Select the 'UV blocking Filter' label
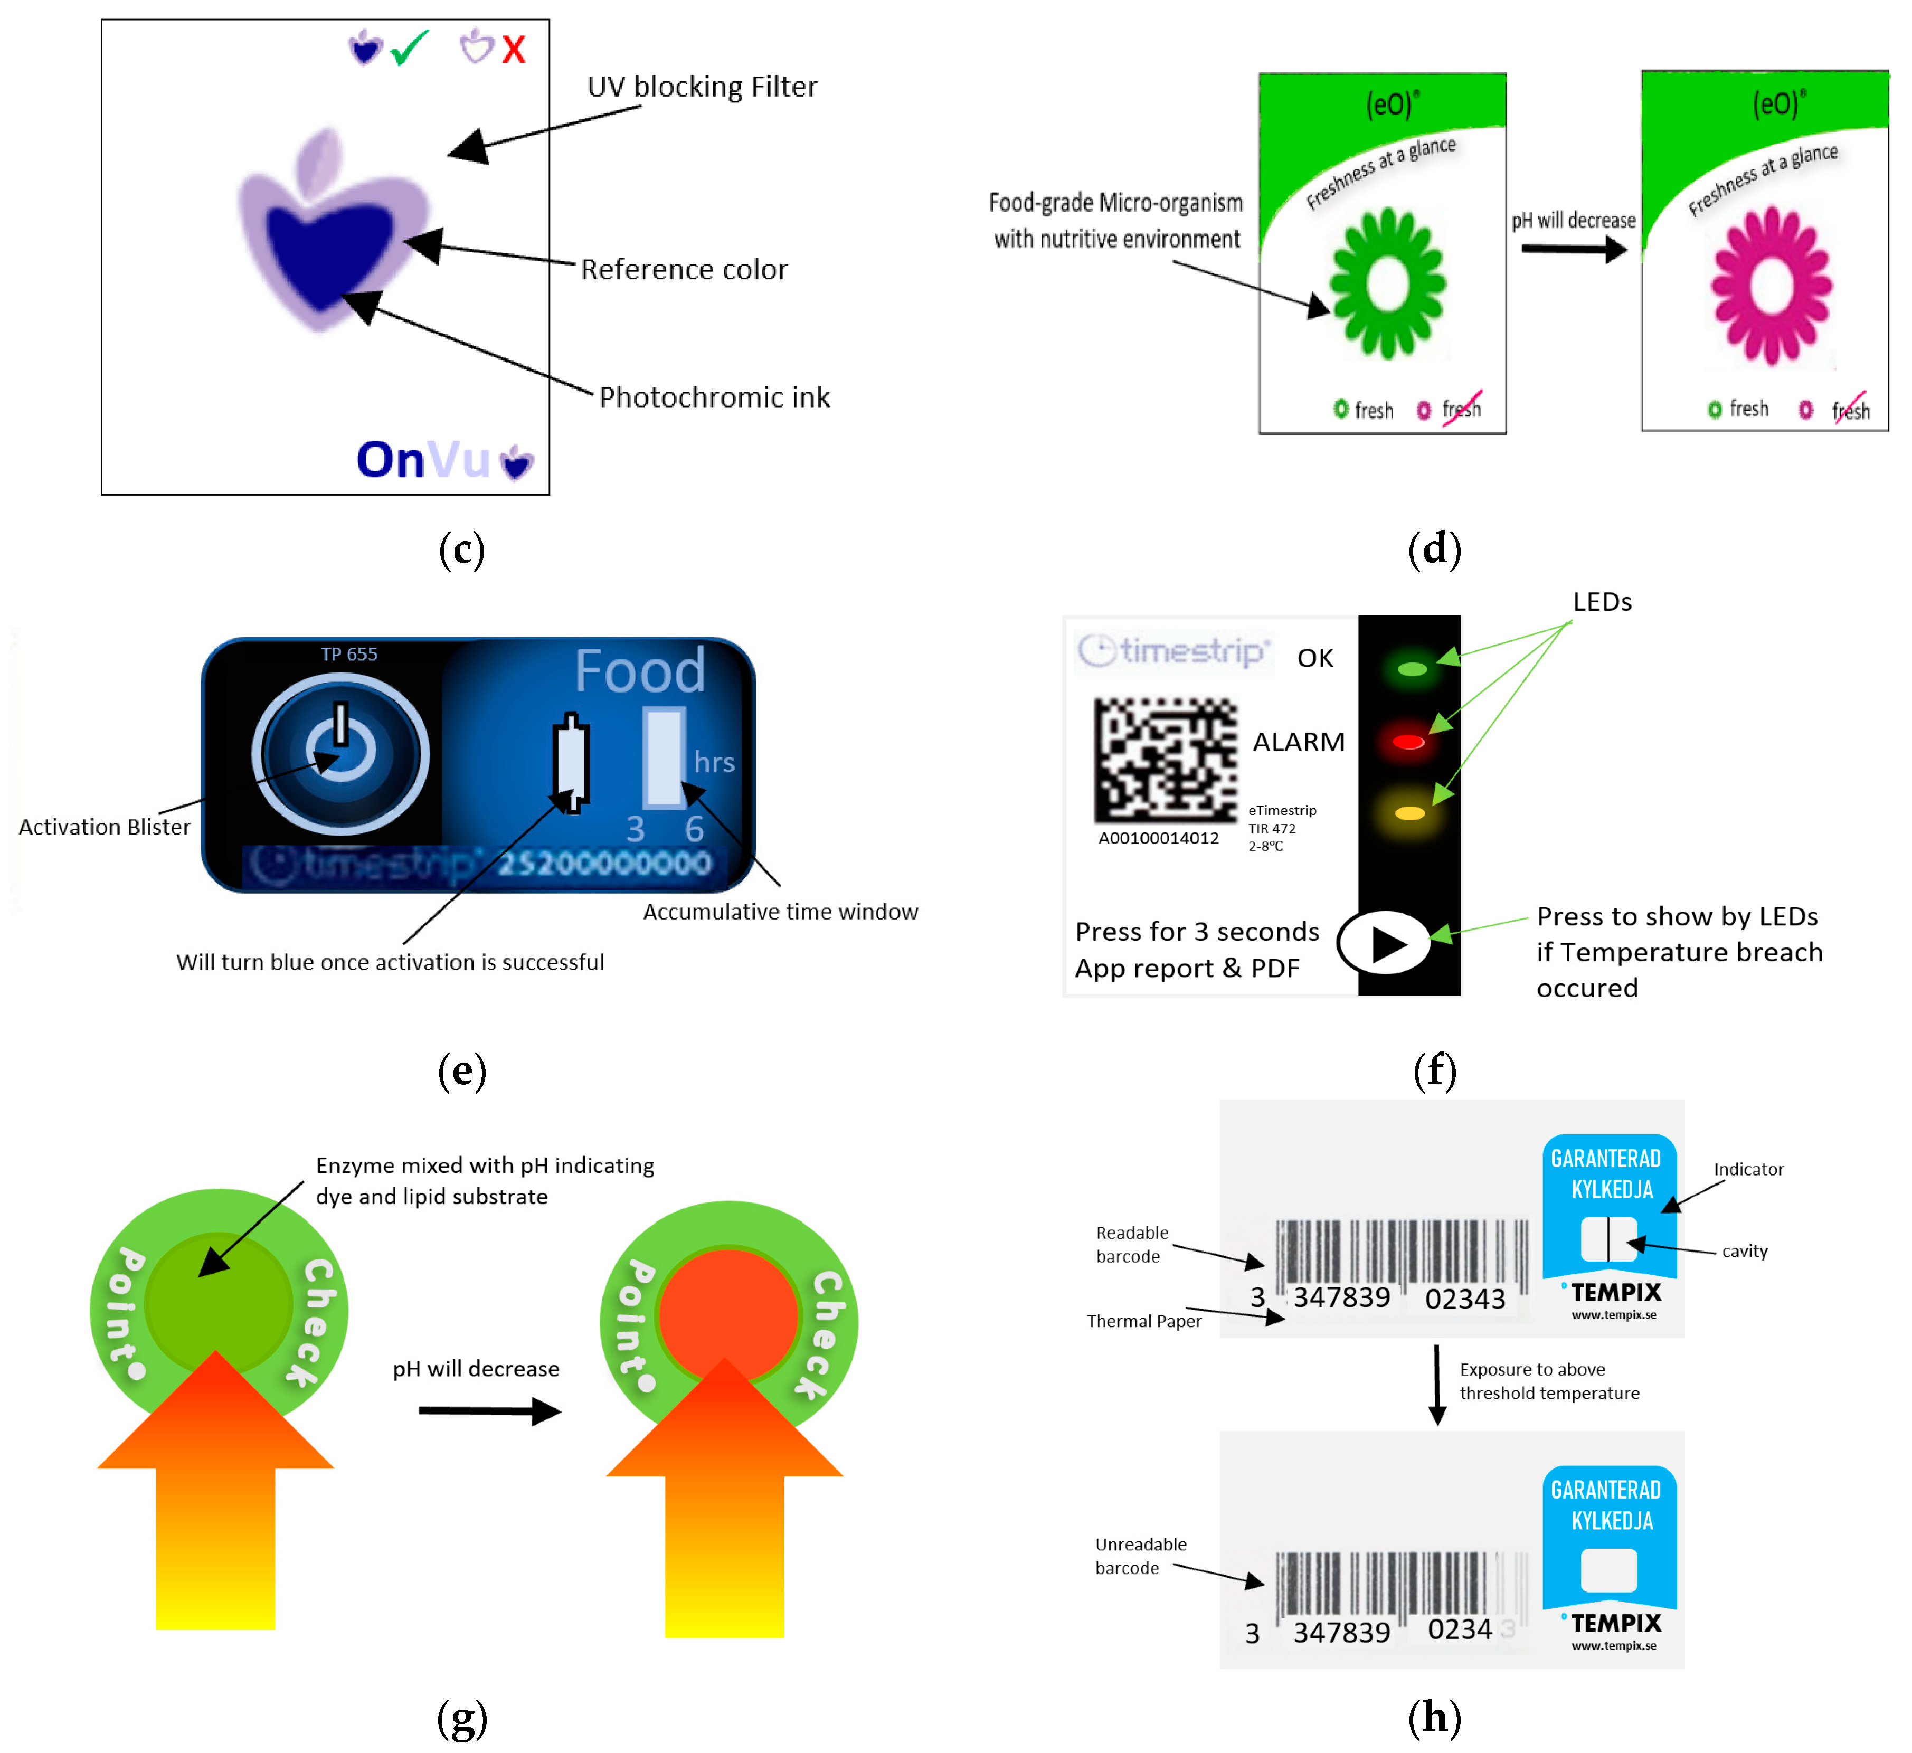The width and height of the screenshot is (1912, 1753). pyautogui.click(x=702, y=87)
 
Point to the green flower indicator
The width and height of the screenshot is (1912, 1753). pyautogui.click(x=1387, y=283)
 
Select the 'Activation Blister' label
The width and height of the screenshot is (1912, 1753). pyautogui.click(x=105, y=826)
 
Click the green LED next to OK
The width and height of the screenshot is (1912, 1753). pyautogui.click(x=1411, y=669)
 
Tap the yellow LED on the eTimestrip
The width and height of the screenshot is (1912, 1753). pyautogui.click(x=1409, y=813)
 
